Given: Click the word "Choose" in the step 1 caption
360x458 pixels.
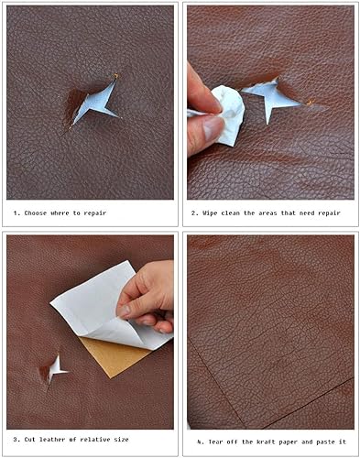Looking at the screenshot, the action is [x=36, y=213].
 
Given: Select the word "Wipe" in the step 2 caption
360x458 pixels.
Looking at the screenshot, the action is [x=210, y=213].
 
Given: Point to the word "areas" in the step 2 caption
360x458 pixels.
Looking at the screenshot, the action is [x=268, y=213].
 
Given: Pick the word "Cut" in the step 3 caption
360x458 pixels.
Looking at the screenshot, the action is [x=30, y=440].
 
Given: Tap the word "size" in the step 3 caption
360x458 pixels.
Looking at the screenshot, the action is [x=121, y=440].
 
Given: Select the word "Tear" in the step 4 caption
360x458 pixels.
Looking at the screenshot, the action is [x=215, y=442].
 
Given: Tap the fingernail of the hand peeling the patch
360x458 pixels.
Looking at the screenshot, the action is [x=124, y=311].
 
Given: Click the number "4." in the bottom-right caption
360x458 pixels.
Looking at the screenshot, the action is [x=201, y=442].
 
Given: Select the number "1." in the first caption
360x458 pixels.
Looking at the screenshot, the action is [x=16, y=213].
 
